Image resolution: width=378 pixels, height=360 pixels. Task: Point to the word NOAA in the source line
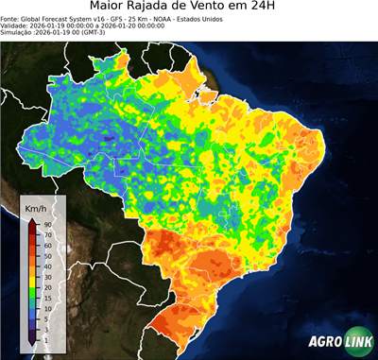[x=168, y=26]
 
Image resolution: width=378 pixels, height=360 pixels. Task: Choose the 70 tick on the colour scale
[x=46, y=234]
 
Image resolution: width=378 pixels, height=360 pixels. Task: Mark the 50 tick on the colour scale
[x=46, y=256]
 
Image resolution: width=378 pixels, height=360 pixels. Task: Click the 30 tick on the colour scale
[x=46, y=278]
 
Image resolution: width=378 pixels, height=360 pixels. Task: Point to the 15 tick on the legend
[x=46, y=300]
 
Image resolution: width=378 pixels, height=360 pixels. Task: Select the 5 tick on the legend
[x=45, y=320]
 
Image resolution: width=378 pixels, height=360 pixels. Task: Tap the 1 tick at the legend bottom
[x=45, y=338]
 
